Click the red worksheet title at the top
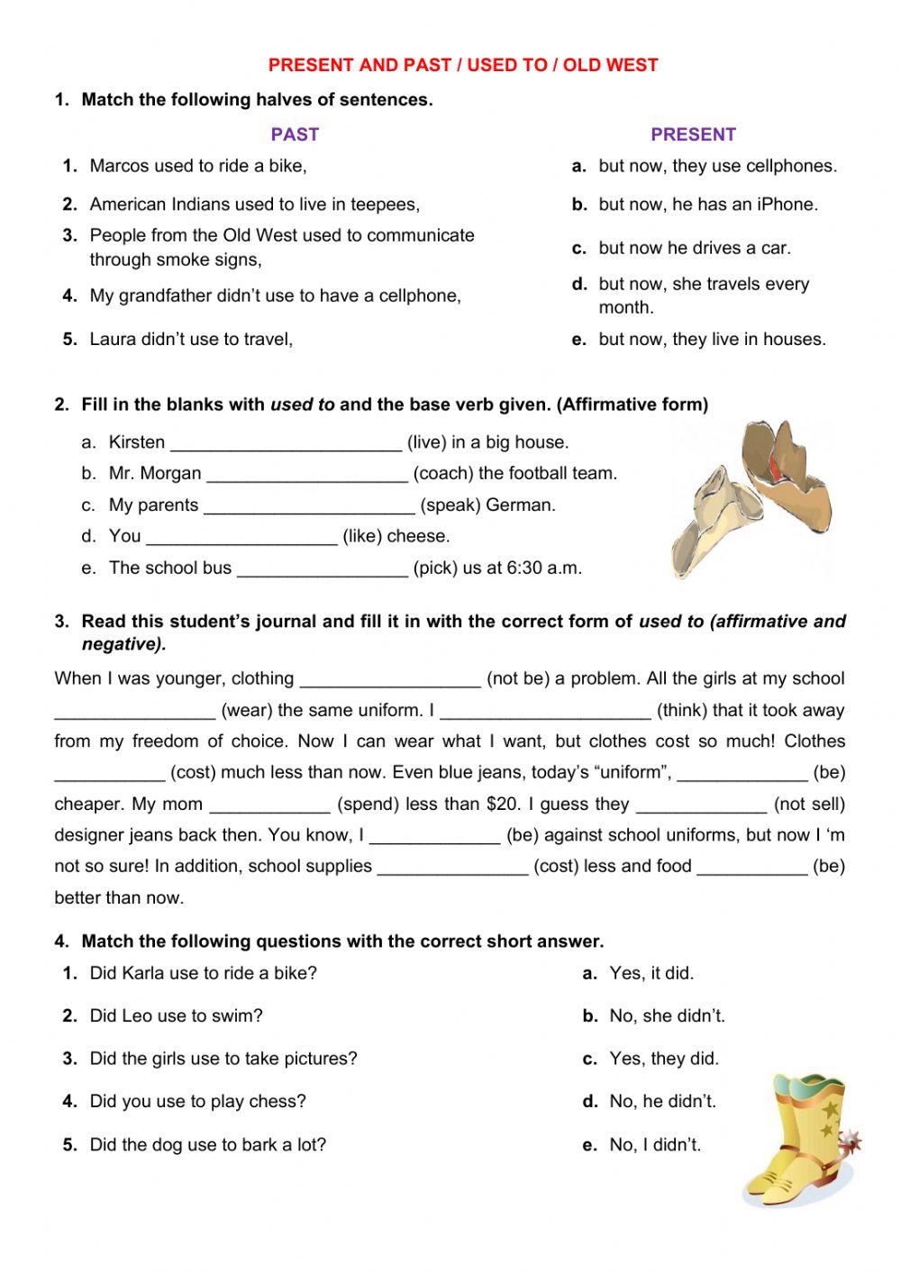[x=463, y=65]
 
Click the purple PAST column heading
[x=295, y=134]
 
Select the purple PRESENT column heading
[x=693, y=134]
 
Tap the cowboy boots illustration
[x=797, y=1140]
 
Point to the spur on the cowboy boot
[x=849, y=1140]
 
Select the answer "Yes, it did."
[x=651, y=973]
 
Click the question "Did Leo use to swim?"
[x=176, y=1016]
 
